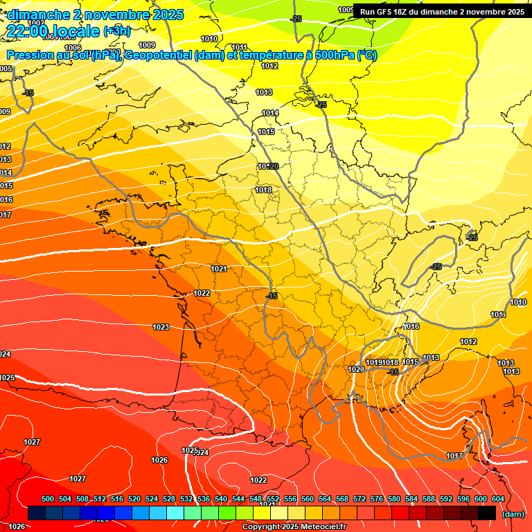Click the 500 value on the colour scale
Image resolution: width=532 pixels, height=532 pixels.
tap(48, 499)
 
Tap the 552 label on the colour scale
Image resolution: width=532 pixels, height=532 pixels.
tap(273, 499)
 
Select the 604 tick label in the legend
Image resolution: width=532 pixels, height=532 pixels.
tap(498, 499)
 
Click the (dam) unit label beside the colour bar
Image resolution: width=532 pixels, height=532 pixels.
tap(513, 514)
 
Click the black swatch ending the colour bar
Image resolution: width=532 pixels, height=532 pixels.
tap(486, 513)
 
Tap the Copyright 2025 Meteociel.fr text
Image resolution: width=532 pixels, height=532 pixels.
tap(294, 527)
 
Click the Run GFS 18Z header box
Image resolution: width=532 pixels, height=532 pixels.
tap(442, 12)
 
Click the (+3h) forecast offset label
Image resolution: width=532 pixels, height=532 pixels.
tap(116, 31)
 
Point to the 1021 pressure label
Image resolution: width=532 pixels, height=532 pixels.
tap(219, 269)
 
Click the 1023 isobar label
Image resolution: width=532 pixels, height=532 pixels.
tap(161, 327)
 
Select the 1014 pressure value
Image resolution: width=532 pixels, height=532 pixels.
tap(270, 113)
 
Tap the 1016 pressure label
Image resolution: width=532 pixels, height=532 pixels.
tap(411, 326)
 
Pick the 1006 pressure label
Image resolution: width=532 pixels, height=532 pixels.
tap(73, 48)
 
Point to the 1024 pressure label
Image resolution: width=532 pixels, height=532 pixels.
tap(6, 354)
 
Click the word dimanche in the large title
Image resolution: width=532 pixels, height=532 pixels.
tap(38, 14)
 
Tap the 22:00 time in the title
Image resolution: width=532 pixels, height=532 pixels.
tap(27, 31)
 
